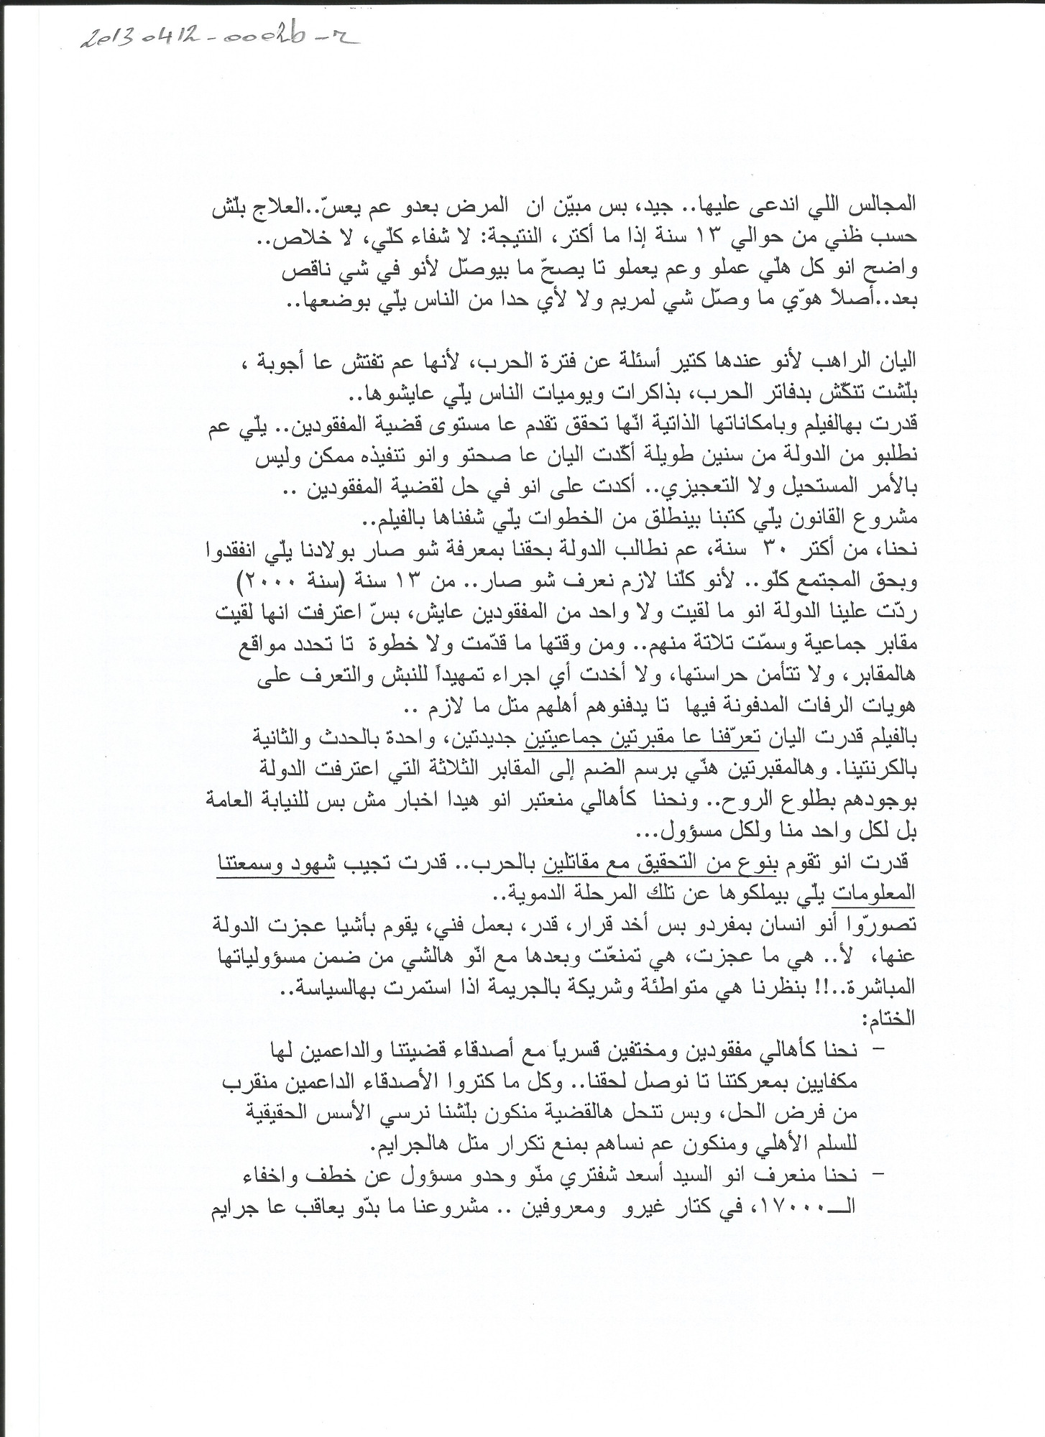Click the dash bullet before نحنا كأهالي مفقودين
tap(878, 1050)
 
